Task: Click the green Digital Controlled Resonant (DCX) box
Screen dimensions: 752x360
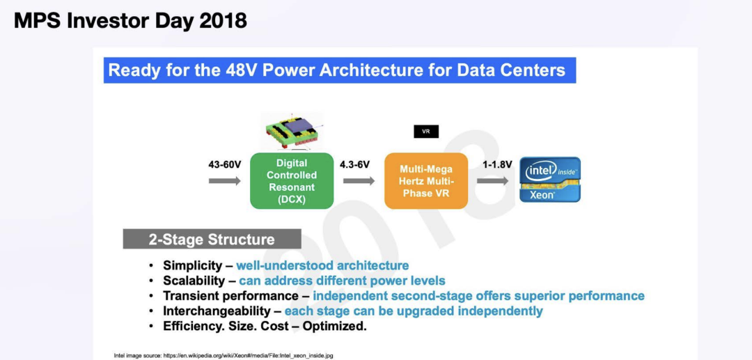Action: point(292,181)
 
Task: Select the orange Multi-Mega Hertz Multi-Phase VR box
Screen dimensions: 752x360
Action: point(426,181)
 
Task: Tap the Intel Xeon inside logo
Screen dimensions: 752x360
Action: point(550,179)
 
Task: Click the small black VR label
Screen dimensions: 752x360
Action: point(426,132)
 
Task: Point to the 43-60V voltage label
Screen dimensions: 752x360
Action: point(224,165)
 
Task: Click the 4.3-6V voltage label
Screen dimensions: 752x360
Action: point(355,165)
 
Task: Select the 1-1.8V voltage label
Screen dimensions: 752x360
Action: point(497,165)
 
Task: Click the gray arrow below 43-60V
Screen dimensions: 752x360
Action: point(224,181)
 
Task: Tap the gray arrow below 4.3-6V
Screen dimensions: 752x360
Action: point(359,181)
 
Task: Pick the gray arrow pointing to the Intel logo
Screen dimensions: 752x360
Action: point(492,181)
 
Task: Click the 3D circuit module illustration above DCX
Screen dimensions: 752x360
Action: point(292,130)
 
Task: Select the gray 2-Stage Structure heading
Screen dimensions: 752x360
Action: point(212,240)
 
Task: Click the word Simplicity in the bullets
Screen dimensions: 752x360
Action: point(193,265)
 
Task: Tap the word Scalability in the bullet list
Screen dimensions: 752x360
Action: point(194,281)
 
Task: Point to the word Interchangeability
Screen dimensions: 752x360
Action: point(217,311)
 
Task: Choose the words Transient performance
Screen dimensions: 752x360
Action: point(230,296)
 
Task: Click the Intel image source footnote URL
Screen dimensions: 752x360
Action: point(249,356)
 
